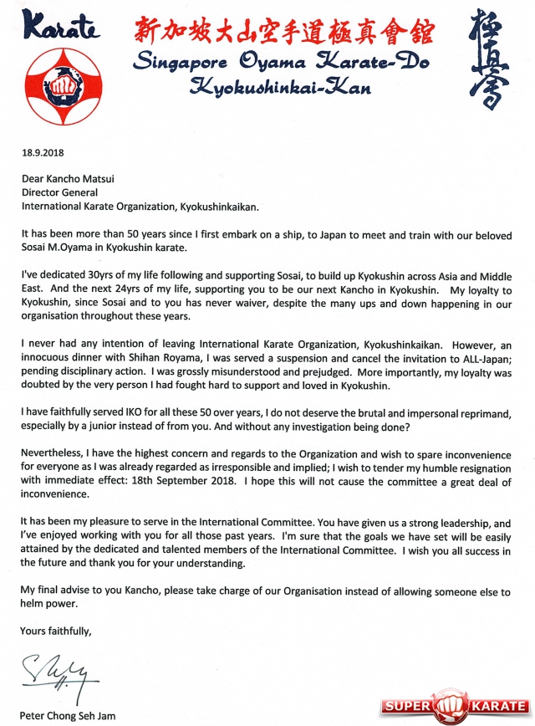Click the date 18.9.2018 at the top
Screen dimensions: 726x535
point(42,154)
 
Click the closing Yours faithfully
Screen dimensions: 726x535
point(56,631)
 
